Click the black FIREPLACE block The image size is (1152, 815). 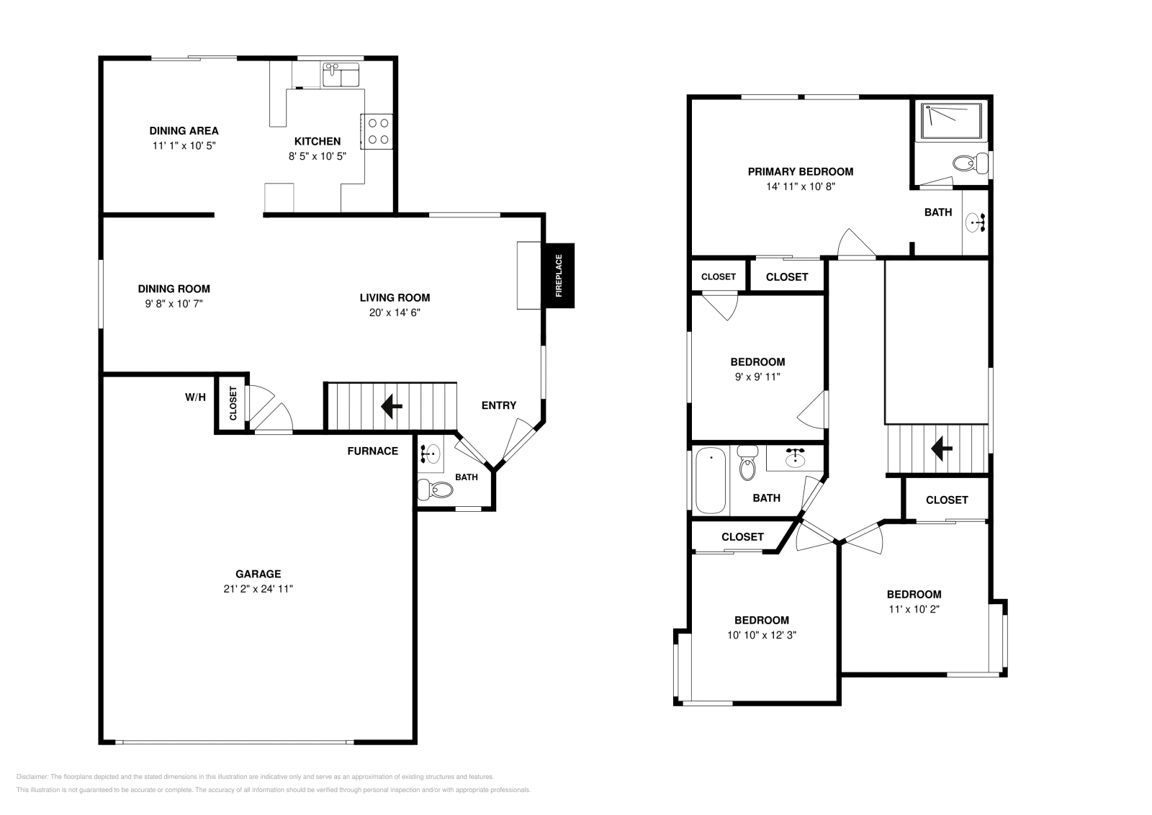tap(558, 276)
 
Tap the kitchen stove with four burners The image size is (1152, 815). tap(377, 132)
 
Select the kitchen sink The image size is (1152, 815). tap(341, 73)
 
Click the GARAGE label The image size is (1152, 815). tap(258, 574)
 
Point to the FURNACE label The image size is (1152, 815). tap(372, 451)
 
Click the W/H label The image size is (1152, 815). tap(195, 397)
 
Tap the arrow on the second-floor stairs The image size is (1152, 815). tap(941, 449)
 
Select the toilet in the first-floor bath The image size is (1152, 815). tap(436, 490)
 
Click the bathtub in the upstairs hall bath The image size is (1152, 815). tap(711, 480)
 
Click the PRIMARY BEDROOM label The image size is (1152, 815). tap(800, 171)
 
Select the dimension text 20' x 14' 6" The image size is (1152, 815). tap(395, 312)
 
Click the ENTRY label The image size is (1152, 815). tap(498, 405)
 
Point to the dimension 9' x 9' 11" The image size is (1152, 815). tap(757, 377)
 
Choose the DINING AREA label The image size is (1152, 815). tap(184, 131)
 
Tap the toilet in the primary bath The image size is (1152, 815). tap(970, 163)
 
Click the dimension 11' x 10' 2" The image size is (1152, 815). tap(914, 608)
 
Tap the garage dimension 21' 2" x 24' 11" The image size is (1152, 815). tap(258, 588)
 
